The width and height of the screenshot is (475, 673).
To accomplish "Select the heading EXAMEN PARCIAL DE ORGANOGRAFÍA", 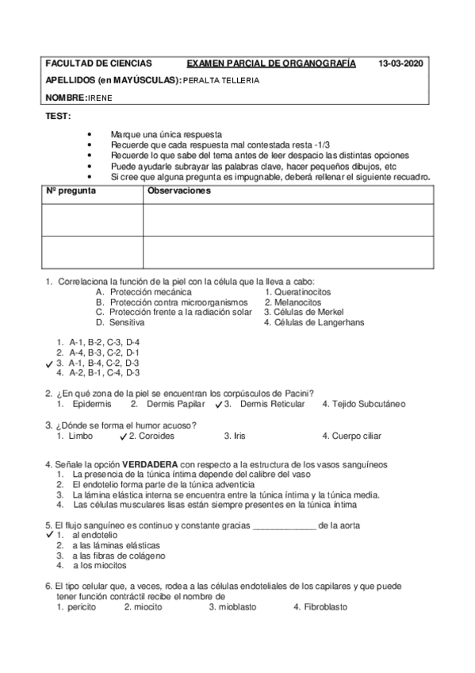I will [x=270, y=63].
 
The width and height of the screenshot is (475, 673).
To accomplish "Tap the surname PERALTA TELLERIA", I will [x=220, y=80].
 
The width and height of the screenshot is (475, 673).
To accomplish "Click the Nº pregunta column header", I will [x=71, y=191].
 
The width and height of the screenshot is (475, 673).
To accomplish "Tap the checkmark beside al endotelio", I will [x=49, y=535].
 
